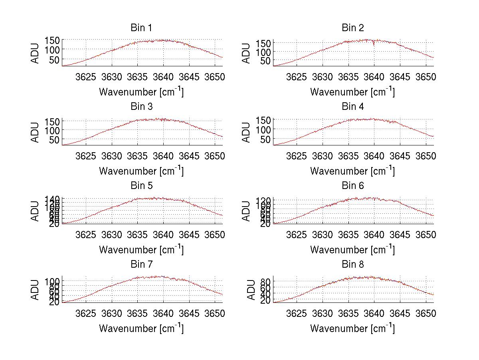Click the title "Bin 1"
(x=141, y=28)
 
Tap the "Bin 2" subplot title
(x=352, y=28)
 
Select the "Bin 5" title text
(x=141, y=186)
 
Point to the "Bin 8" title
(x=352, y=265)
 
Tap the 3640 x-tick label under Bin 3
(x=163, y=155)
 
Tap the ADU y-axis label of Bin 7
(x=35, y=290)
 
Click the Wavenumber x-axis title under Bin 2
(x=352, y=92)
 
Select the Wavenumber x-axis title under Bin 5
(x=141, y=250)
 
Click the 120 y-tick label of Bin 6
(x=264, y=199)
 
